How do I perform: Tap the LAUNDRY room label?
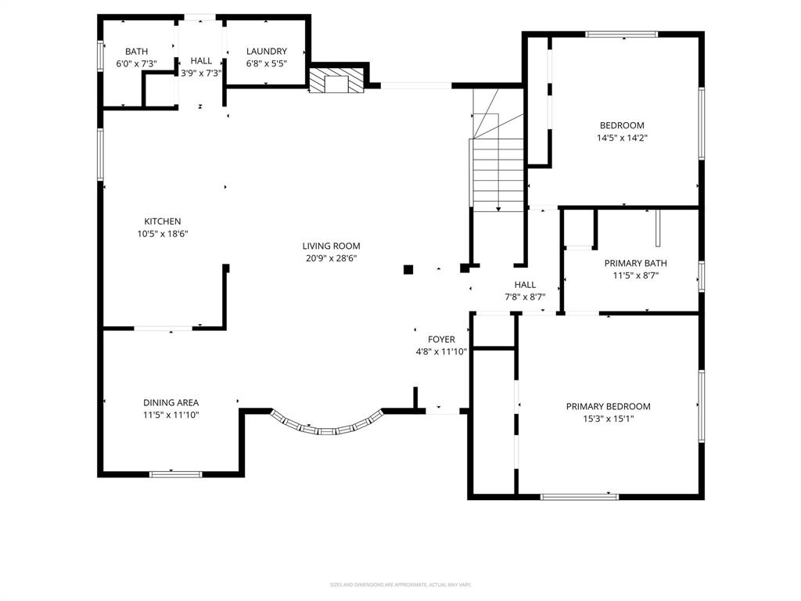tap(267, 52)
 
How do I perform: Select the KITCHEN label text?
tap(162, 221)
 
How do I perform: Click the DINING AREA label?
tap(171, 403)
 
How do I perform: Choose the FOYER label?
tap(441, 340)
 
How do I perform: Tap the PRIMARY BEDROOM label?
tap(608, 406)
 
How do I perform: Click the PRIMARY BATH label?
tap(635, 264)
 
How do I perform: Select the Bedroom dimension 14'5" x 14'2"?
tap(622, 137)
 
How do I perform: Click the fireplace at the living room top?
tap(337, 81)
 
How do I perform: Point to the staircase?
tap(497, 172)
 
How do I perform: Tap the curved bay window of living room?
tap(327, 426)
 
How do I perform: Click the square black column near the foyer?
tap(408, 270)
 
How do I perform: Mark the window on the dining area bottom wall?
tap(176, 473)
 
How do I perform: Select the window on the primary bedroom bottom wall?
tap(580, 496)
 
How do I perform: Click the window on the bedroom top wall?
tap(622, 34)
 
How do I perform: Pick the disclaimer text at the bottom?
tap(400, 585)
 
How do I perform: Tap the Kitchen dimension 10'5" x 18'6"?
tap(162, 233)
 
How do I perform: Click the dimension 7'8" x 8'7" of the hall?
tap(525, 297)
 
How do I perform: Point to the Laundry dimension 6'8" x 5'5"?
tap(267, 63)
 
